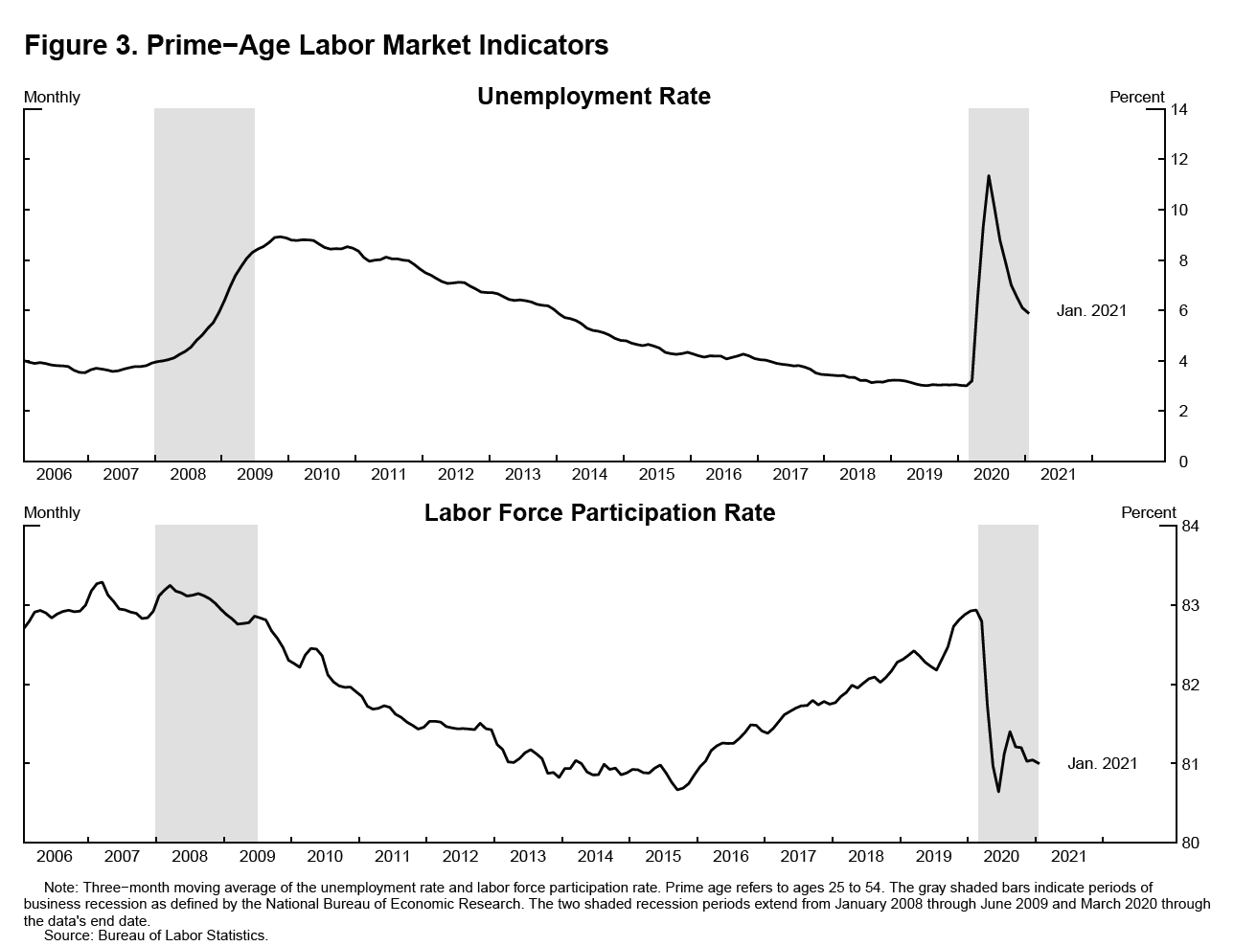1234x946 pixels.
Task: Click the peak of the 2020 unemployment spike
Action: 988,176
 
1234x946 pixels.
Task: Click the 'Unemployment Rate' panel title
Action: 594,97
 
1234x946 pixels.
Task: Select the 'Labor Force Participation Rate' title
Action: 600,513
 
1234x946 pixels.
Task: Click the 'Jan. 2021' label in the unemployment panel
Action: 1091,311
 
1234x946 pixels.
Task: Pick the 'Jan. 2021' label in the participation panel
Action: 1103,764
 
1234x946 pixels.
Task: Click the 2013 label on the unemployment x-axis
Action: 522,474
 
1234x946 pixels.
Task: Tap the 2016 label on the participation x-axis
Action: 731,856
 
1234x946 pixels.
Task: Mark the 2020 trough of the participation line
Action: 998,791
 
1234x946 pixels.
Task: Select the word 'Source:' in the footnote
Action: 70,935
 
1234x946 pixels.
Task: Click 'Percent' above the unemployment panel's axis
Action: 1137,97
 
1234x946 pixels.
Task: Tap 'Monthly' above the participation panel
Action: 52,513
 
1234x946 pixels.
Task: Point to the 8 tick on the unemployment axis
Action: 1176,260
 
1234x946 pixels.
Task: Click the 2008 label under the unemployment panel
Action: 188,474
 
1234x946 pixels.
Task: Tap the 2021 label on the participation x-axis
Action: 1069,856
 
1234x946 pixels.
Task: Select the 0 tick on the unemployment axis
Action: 1176,462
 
